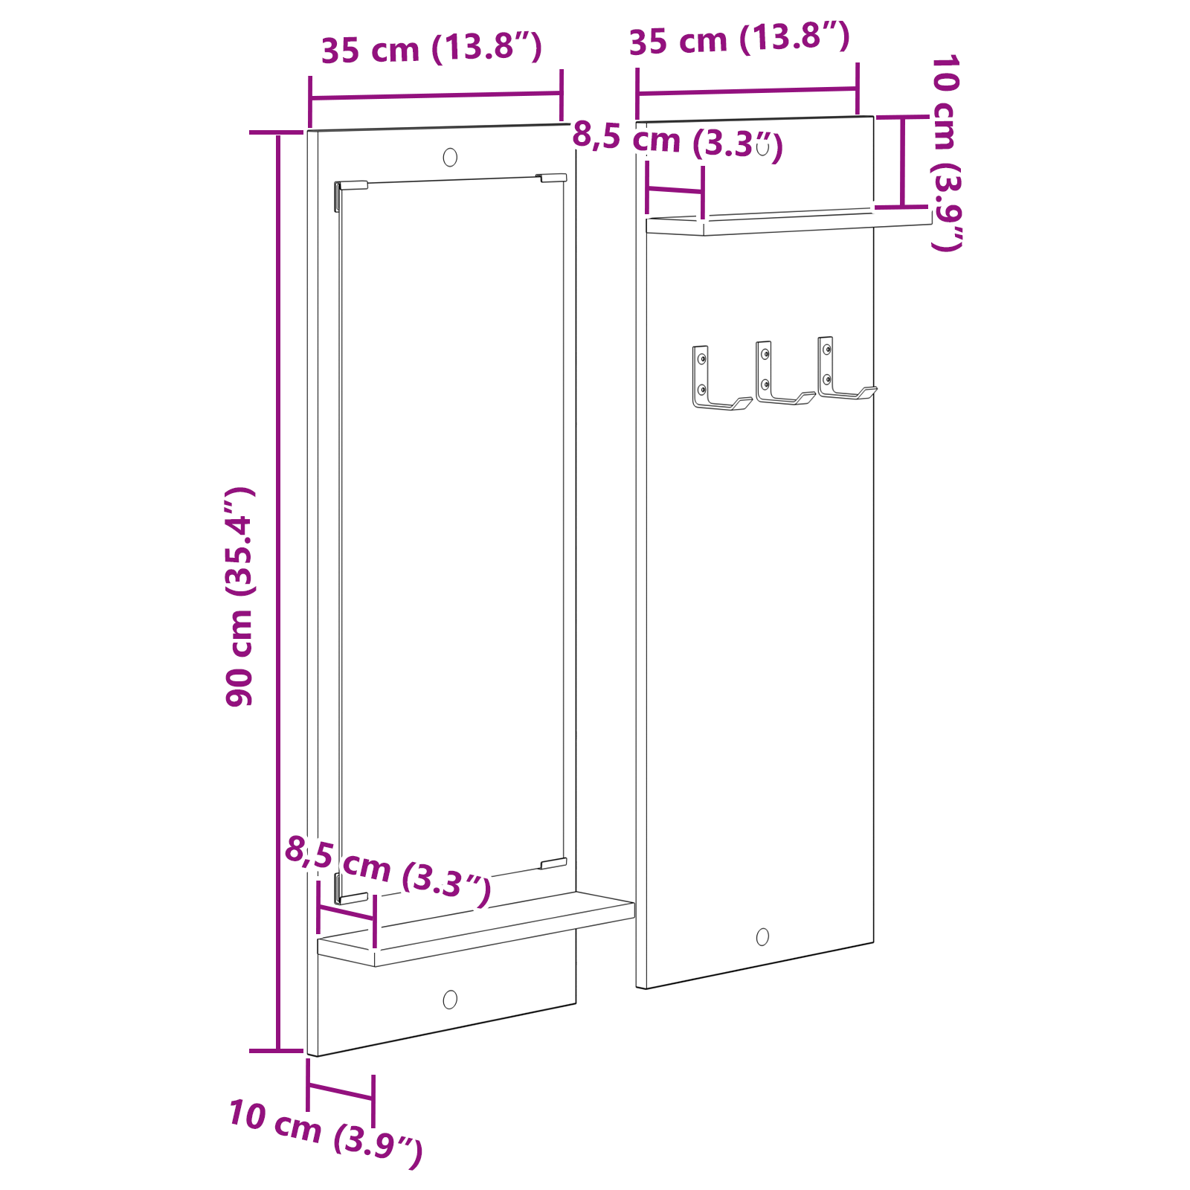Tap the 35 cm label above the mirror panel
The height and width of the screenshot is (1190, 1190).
click(x=431, y=49)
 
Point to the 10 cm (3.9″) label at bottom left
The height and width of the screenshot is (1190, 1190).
click(x=325, y=1133)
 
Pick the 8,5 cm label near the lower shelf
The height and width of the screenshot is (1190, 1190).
click(x=387, y=870)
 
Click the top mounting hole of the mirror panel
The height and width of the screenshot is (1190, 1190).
click(x=450, y=158)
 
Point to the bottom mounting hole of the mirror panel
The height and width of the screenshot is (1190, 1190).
click(x=450, y=1000)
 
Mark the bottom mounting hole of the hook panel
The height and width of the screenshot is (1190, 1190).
click(x=762, y=937)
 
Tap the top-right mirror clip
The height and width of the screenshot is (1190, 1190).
click(x=552, y=178)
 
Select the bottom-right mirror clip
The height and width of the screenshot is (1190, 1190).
click(x=553, y=863)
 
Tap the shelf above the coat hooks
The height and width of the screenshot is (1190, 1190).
click(x=788, y=222)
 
